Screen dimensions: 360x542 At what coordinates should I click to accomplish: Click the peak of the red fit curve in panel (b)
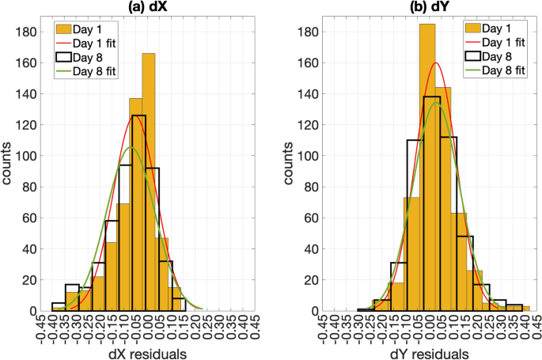click(x=434, y=63)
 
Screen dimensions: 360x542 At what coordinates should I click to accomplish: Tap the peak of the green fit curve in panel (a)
click(x=132, y=147)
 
